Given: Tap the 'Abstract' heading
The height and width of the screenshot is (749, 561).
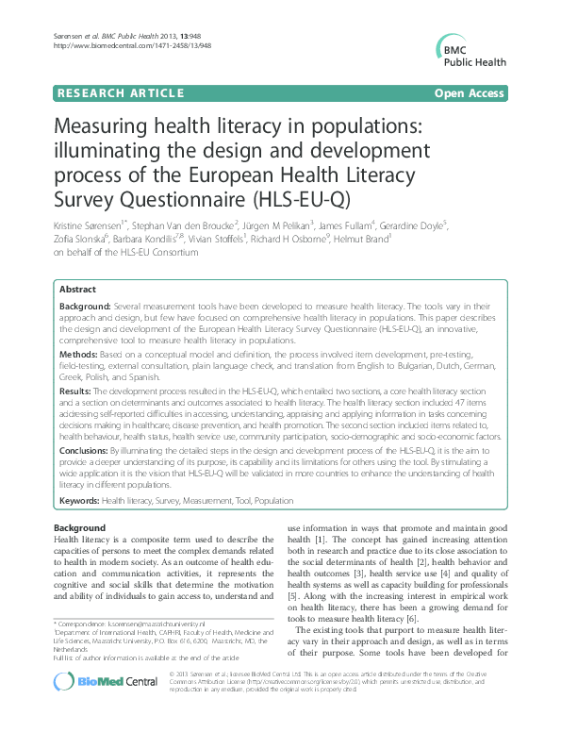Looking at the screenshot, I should click(x=76, y=290).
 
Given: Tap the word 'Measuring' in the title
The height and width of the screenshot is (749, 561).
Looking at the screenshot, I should click(x=104, y=127).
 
